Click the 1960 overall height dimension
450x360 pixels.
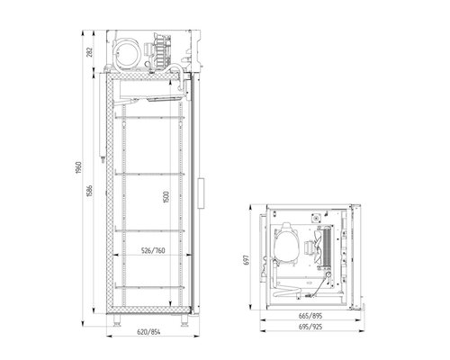(x=78, y=167)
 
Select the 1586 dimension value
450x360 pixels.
(x=89, y=191)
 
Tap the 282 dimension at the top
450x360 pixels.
(x=89, y=52)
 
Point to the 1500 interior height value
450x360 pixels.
(x=166, y=197)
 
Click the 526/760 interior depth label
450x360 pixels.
(x=153, y=250)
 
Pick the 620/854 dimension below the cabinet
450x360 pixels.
(x=148, y=332)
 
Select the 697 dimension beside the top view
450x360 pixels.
(x=246, y=260)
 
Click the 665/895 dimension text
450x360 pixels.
(x=310, y=316)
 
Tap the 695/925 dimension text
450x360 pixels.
(x=310, y=327)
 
